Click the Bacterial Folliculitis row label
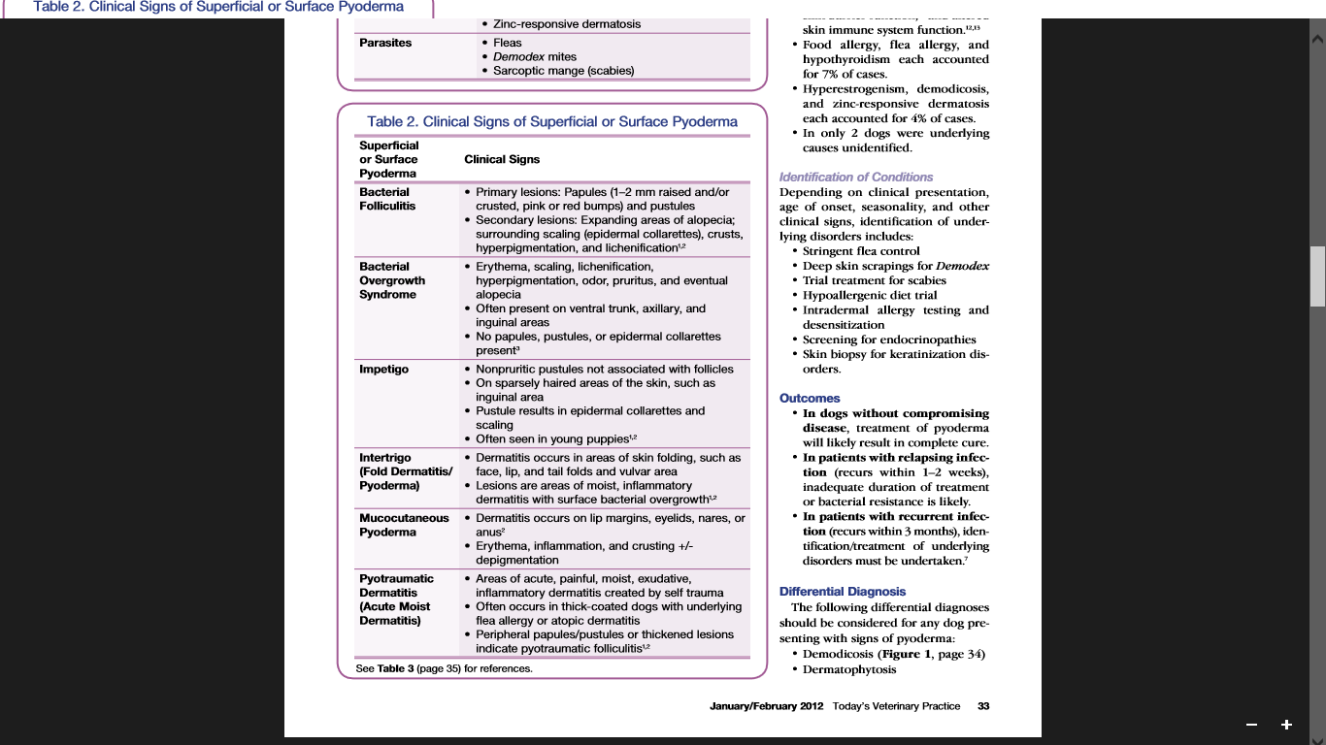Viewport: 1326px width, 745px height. (x=387, y=199)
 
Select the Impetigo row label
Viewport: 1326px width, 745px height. (x=383, y=370)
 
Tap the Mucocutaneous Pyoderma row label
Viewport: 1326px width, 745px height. (x=404, y=525)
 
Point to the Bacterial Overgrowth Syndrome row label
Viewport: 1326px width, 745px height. (x=392, y=280)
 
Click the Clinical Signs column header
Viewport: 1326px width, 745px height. (x=502, y=159)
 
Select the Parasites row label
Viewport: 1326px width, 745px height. (x=385, y=43)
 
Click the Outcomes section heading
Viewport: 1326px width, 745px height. (x=810, y=398)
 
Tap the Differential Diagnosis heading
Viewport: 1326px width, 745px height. (x=843, y=591)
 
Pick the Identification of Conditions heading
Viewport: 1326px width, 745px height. (x=856, y=177)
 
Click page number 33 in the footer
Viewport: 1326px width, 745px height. (x=983, y=706)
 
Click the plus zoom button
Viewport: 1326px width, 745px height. (x=1286, y=725)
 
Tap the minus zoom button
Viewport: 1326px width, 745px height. (x=1252, y=725)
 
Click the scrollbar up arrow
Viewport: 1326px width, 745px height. (x=1317, y=40)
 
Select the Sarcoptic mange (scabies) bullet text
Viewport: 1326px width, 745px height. (x=563, y=71)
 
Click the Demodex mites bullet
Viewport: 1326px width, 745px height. (x=535, y=57)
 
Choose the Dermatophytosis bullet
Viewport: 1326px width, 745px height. (x=849, y=669)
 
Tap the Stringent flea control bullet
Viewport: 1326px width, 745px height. (x=861, y=251)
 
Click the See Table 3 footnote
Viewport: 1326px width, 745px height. (x=444, y=668)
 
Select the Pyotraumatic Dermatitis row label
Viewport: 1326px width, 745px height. (x=394, y=599)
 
